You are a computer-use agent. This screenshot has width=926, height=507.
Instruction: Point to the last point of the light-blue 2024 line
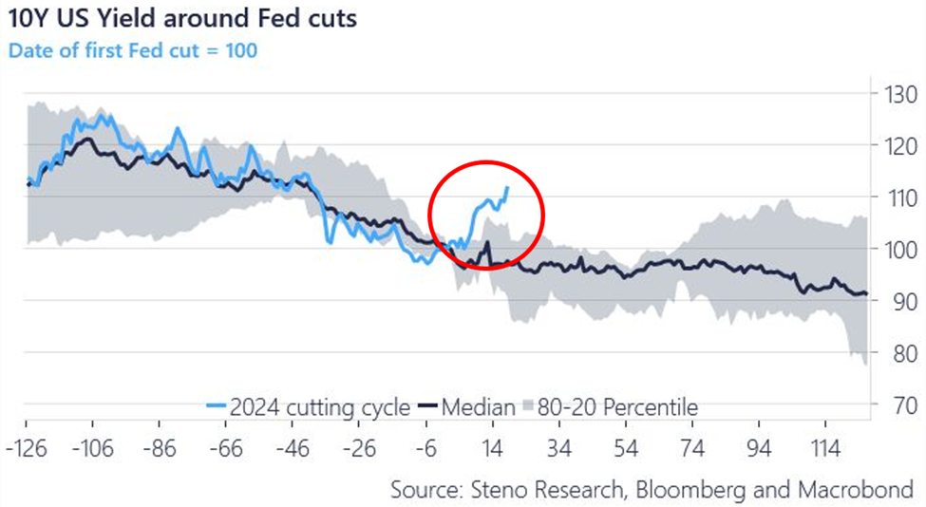[x=508, y=187]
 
